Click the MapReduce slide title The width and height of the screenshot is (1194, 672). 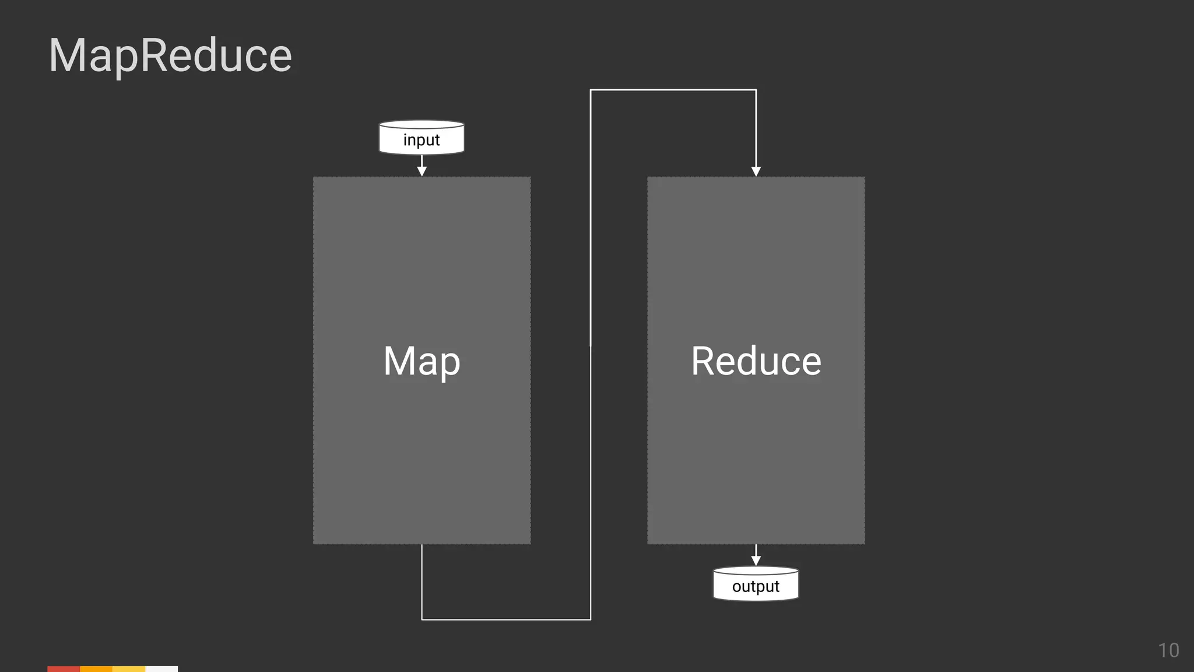pos(170,55)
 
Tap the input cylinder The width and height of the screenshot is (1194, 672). pos(422,138)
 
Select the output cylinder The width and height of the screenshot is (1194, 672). pos(756,584)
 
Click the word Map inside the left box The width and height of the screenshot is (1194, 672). pos(422,361)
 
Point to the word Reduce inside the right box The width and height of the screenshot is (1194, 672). pos(756,361)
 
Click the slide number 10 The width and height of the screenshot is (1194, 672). pos(1168,650)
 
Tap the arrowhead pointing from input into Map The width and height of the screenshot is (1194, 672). pos(422,171)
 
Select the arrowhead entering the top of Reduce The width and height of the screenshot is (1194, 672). pos(756,171)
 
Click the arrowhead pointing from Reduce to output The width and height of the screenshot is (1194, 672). pos(756,560)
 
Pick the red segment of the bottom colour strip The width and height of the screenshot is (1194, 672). pos(64,668)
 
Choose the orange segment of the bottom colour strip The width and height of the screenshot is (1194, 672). pos(96,668)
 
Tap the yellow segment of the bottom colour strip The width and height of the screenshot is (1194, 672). pos(129,668)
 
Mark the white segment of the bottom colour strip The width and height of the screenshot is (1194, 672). pos(161,668)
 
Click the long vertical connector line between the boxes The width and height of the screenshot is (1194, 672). pos(591,350)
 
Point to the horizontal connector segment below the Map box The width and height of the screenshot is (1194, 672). pos(506,619)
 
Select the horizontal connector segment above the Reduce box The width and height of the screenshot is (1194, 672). pos(673,90)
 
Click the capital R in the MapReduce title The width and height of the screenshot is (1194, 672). pos(153,55)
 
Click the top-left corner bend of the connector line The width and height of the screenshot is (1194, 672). pos(591,90)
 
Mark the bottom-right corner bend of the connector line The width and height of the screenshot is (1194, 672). pos(591,619)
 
